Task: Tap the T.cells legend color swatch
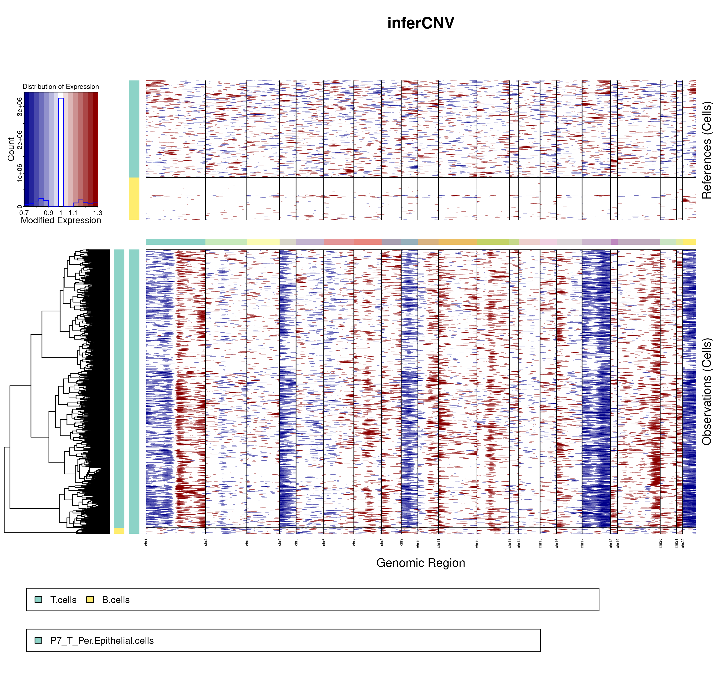[x=39, y=599]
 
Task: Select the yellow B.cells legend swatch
[x=90, y=599]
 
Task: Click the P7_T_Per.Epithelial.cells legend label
[x=102, y=640]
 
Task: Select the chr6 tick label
[x=324, y=542]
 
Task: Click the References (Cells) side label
[x=707, y=150]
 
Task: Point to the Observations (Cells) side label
[x=707, y=391]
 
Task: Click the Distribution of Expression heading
[x=61, y=87]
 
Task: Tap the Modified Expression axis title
[x=61, y=220]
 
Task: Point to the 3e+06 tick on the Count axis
[x=20, y=107]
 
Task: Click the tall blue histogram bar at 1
[x=61, y=151]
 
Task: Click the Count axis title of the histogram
[x=11, y=149]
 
